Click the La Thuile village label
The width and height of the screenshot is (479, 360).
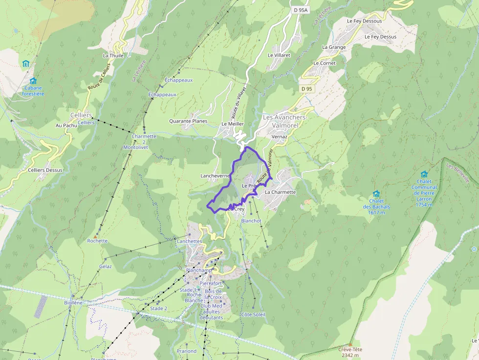pos(113,56)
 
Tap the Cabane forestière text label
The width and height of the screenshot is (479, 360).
pos(33,91)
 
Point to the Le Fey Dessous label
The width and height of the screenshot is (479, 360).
pos(364,21)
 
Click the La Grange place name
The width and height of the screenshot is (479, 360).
pos(334,47)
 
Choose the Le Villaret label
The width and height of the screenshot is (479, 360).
pos(279,55)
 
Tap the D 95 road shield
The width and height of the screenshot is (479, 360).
pos(306,88)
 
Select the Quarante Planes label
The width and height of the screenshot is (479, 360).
pos(188,121)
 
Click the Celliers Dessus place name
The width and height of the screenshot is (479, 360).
pos(45,170)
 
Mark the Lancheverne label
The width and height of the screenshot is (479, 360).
pos(215,175)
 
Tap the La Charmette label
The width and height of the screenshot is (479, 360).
pos(280,192)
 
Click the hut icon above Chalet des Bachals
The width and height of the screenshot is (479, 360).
pos(376,194)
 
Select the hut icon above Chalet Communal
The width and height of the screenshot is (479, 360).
pos(424,174)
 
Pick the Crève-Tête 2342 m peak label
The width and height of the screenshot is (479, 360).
pos(350,352)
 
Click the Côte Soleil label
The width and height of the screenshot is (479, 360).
pos(253,315)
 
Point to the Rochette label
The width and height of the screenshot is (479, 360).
pos(97,241)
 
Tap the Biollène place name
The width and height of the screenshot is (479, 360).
pos(73,302)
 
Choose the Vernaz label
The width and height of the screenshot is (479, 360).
pos(279,137)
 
